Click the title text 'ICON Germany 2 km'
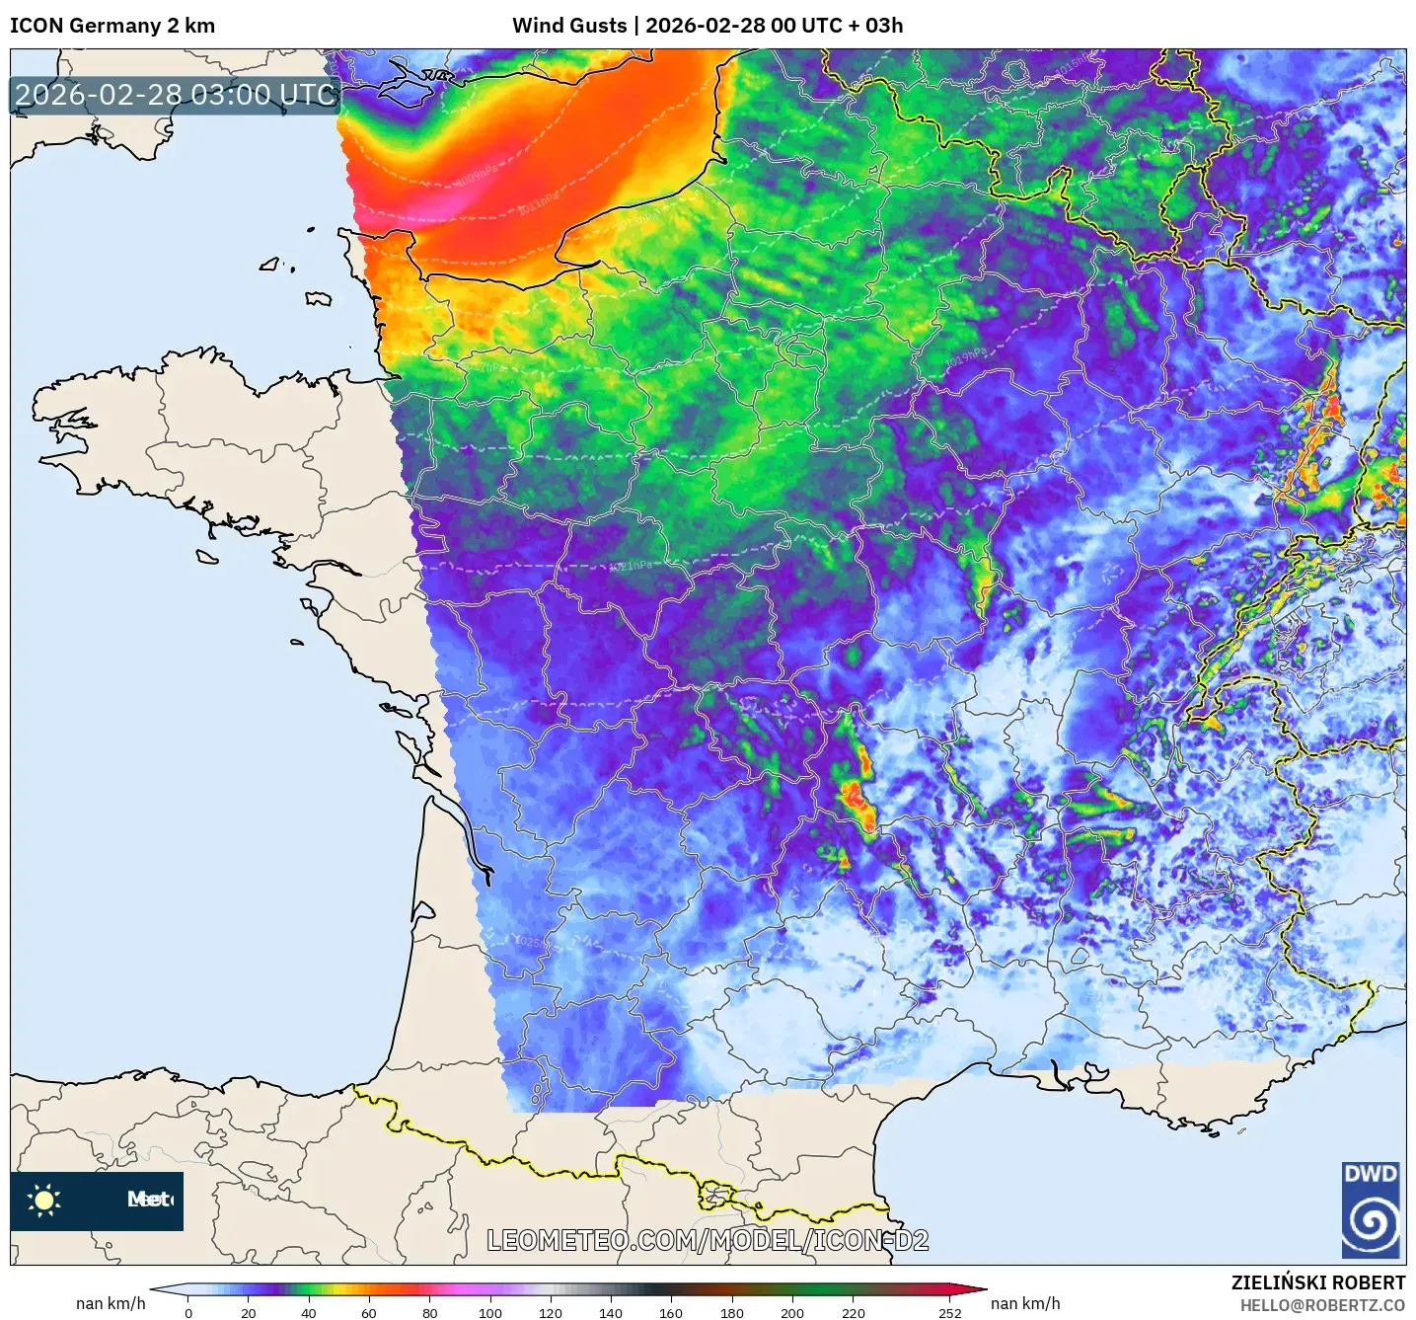(x=112, y=26)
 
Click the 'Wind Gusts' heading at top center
(x=569, y=26)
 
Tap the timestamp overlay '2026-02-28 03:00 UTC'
(x=176, y=95)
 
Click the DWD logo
(x=1371, y=1209)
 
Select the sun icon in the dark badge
(x=44, y=1201)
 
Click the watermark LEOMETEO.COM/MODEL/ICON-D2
(x=708, y=1240)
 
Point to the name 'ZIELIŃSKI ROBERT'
(x=1318, y=1282)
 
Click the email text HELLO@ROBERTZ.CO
(x=1322, y=1305)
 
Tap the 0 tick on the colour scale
(x=188, y=1313)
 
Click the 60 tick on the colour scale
(x=369, y=1313)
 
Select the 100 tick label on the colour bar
(x=490, y=1313)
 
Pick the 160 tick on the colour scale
(x=671, y=1313)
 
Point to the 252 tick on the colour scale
(x=949, y=1313)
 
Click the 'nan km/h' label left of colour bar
(x=111, y=1303)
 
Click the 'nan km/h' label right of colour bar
(x=1025, y=1303)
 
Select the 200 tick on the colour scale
(x=792, y=1313)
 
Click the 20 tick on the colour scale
(x=249, y=1313)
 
